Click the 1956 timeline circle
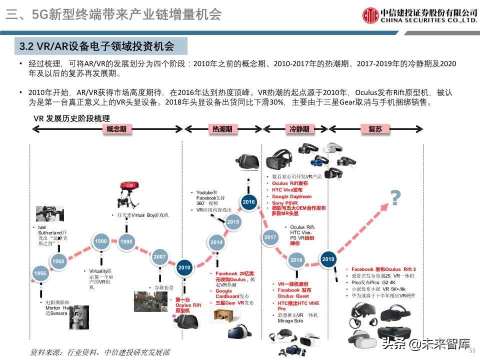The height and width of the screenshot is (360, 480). coord(40,273)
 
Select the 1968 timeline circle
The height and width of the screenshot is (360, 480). coord(58,261)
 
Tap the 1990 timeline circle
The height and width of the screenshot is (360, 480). coord(101,241)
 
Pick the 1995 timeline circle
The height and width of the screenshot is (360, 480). coord(126,242)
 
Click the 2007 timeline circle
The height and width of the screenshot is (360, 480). coord(159,257)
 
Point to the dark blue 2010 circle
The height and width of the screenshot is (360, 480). coord(184,267)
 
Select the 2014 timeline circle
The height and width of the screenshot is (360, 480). coord(216,242)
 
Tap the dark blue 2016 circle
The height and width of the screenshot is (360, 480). coord(248,202)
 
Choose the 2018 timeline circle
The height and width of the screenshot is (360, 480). coord(296,260)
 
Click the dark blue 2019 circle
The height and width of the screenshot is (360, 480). coord(328,259)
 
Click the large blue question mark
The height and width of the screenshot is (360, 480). coord(396,198)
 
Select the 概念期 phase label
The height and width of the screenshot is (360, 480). coord(116,129)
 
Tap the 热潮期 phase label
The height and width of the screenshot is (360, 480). coord(222,129)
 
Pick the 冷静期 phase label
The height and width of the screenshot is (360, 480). coord(299,129)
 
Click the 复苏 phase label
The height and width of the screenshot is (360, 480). coord(374,129)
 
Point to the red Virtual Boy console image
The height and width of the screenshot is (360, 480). coord(127,193)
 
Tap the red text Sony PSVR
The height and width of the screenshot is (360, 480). coord(284,203)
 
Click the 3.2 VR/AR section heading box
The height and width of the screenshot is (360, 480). coord(100,46)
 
